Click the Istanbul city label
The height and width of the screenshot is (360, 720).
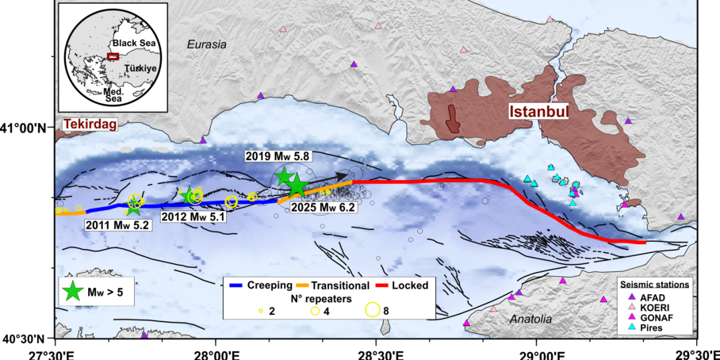538,112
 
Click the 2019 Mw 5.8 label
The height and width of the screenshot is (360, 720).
272,157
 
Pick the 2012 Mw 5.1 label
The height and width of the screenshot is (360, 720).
193,216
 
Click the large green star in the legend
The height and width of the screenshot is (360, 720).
72,292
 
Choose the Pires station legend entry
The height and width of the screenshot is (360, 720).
642,327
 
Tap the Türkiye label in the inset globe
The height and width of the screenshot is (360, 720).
140,70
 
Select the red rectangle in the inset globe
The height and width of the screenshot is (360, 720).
113,56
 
